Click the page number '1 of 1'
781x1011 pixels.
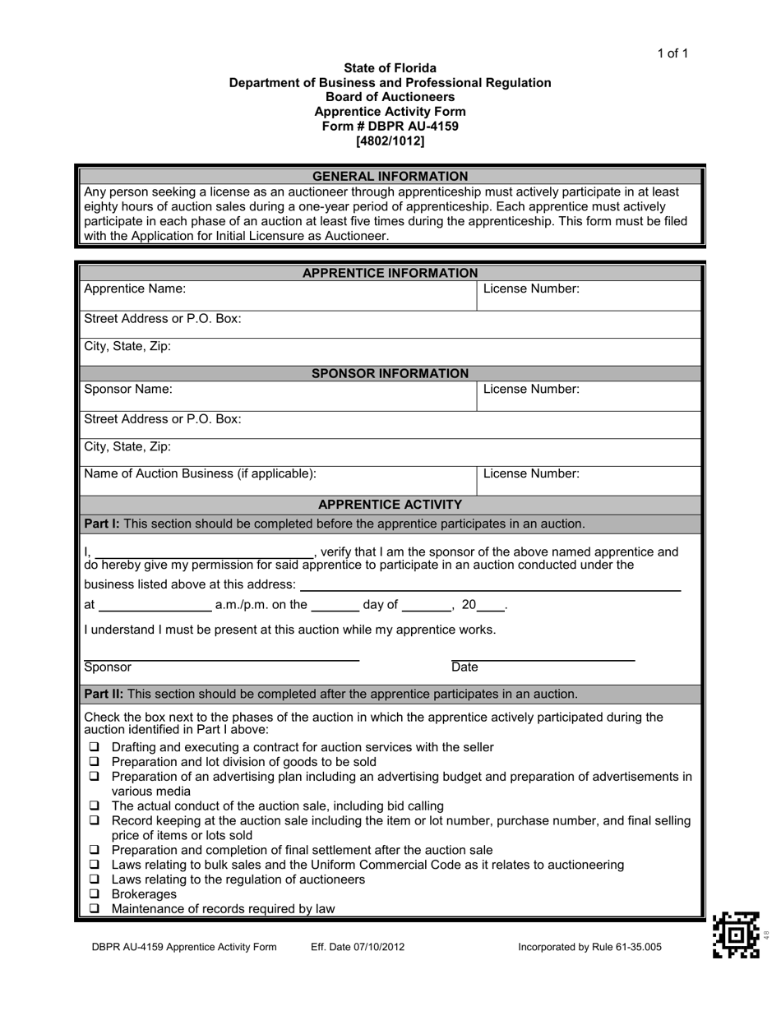click(672, 54)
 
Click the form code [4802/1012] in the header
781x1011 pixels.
click(390, 141)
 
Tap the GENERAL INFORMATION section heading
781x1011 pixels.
click(390, 176)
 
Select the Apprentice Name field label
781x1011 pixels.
click(135, 289)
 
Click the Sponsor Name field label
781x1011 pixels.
click(128, 389)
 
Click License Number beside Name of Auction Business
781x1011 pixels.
click(531, 473)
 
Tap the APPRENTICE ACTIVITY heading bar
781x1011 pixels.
click(390, 504)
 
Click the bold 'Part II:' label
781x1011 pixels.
click(104, 694)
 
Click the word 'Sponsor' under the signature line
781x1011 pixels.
click(108, 667)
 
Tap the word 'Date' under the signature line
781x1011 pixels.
click(464, 667)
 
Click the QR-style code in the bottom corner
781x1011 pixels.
click(736, 935)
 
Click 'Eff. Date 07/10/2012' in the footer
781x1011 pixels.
click(358, 947)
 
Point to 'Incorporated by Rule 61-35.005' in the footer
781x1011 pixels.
click(589, 947)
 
